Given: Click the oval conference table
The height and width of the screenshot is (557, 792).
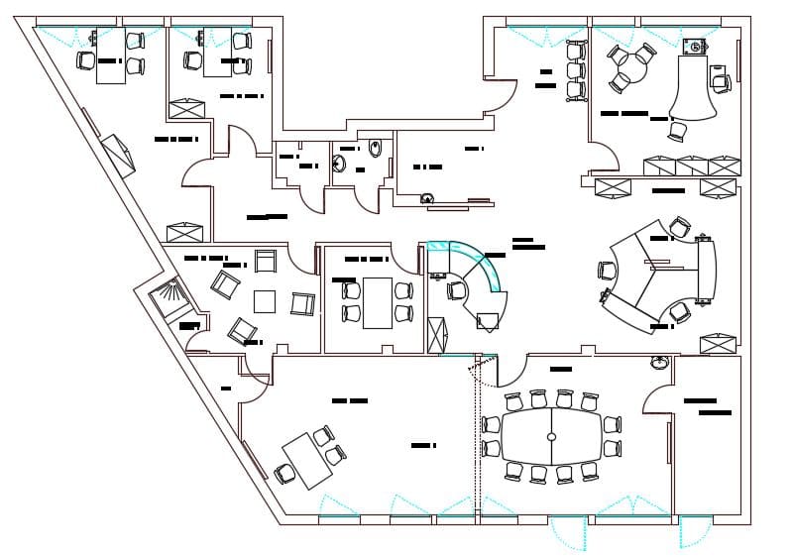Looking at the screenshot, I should [552, 436].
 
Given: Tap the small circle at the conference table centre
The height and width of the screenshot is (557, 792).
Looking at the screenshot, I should [552, 437].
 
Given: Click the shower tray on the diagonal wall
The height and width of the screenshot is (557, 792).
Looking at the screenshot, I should [166, 296].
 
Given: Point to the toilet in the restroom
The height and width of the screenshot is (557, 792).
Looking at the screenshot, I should [373, 150].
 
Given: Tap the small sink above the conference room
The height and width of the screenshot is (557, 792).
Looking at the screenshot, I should [659, 363].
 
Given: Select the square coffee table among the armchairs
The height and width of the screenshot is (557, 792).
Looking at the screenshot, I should [265, 300].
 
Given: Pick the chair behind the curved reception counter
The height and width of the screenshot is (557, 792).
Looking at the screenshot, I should [457, 290].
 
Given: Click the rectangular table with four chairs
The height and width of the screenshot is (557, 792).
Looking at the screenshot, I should [377, 302].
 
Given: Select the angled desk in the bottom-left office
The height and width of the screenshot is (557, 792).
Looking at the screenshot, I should [306, 461].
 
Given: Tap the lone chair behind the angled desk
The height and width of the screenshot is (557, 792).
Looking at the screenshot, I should [286, 474].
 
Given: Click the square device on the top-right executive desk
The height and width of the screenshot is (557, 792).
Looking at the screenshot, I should [696, 46].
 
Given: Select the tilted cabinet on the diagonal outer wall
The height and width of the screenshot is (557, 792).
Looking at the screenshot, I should [120, 154].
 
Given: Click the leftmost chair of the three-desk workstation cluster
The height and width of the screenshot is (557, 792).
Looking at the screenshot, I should [607, 270].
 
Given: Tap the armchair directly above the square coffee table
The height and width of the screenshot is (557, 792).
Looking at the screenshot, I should [266, 261].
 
